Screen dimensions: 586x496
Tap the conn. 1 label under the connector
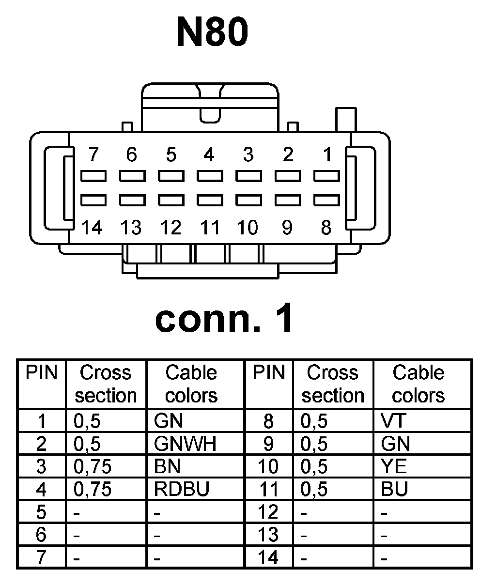[x=224, y=319]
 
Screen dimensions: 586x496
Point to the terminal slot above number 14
[x=93, y=200]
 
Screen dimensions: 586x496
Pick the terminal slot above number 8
[x=326, y=200]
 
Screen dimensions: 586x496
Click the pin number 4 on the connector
[x=209, y=155]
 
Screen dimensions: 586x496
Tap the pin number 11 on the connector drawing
[x=209, y=227]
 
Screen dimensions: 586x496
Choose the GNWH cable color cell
[x=185, y=444]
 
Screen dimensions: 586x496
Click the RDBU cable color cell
[x=182, y=490]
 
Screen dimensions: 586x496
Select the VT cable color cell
[x=393, y=421]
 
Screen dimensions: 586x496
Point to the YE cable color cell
[x=394, y=467]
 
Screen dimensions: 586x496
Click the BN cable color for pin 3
[x=167, y=467]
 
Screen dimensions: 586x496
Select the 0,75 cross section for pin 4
[x=93, y=490]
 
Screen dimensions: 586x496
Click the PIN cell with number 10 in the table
[x=268, y=467]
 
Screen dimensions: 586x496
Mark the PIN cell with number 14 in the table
[x=268, y=558]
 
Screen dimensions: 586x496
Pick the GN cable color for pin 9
[x=395, y=444]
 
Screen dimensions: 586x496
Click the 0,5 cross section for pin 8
[x=314, y=421]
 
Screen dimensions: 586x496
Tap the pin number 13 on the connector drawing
[x=131, y=227]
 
